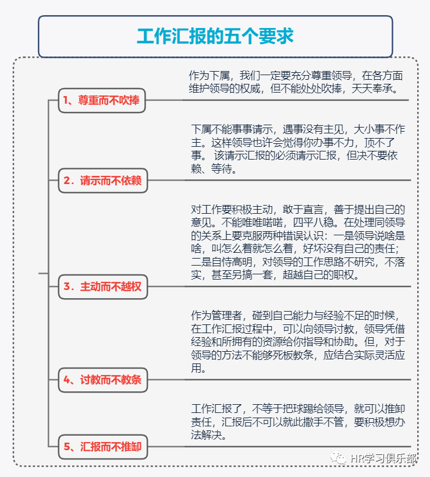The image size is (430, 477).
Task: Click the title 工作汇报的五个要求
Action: [215, 36]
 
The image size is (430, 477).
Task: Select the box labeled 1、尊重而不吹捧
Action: [101, 100]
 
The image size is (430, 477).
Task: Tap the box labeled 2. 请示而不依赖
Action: [103, 181]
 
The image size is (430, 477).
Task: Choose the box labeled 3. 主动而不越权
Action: [103, 287]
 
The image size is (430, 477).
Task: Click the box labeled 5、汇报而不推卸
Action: [103, 447]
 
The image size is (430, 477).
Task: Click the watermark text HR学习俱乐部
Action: [383, 458]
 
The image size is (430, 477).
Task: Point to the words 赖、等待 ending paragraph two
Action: [215, 169]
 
